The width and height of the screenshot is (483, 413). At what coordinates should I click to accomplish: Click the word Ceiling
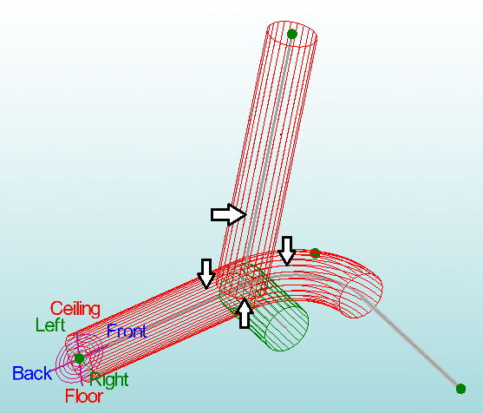click(75, 309)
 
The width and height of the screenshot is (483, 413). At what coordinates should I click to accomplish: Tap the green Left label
click(50, 324)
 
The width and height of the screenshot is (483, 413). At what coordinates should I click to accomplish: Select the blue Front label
click(127, 331)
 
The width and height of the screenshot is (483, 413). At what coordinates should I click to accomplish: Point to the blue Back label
click(32, 373)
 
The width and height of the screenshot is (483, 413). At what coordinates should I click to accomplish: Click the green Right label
click(109, 380)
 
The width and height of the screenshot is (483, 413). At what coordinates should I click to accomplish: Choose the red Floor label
click(84, 396)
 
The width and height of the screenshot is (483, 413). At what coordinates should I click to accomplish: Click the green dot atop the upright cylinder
click(291, 34)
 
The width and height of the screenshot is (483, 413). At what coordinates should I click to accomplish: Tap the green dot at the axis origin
click(79, 358)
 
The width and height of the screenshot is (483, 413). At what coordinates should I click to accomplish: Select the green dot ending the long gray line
click(460, 389)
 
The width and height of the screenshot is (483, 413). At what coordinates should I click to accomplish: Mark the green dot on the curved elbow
click(315, 253)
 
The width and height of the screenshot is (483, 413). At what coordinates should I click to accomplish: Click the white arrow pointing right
click(229, 214)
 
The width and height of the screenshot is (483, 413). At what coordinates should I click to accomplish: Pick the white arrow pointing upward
click(245, 313)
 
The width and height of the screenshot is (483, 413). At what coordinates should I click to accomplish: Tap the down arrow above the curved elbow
click(287, 251)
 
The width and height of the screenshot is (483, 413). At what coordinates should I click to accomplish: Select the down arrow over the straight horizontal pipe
click(206, 273)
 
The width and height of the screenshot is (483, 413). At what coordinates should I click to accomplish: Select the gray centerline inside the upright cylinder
click(269, 148)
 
